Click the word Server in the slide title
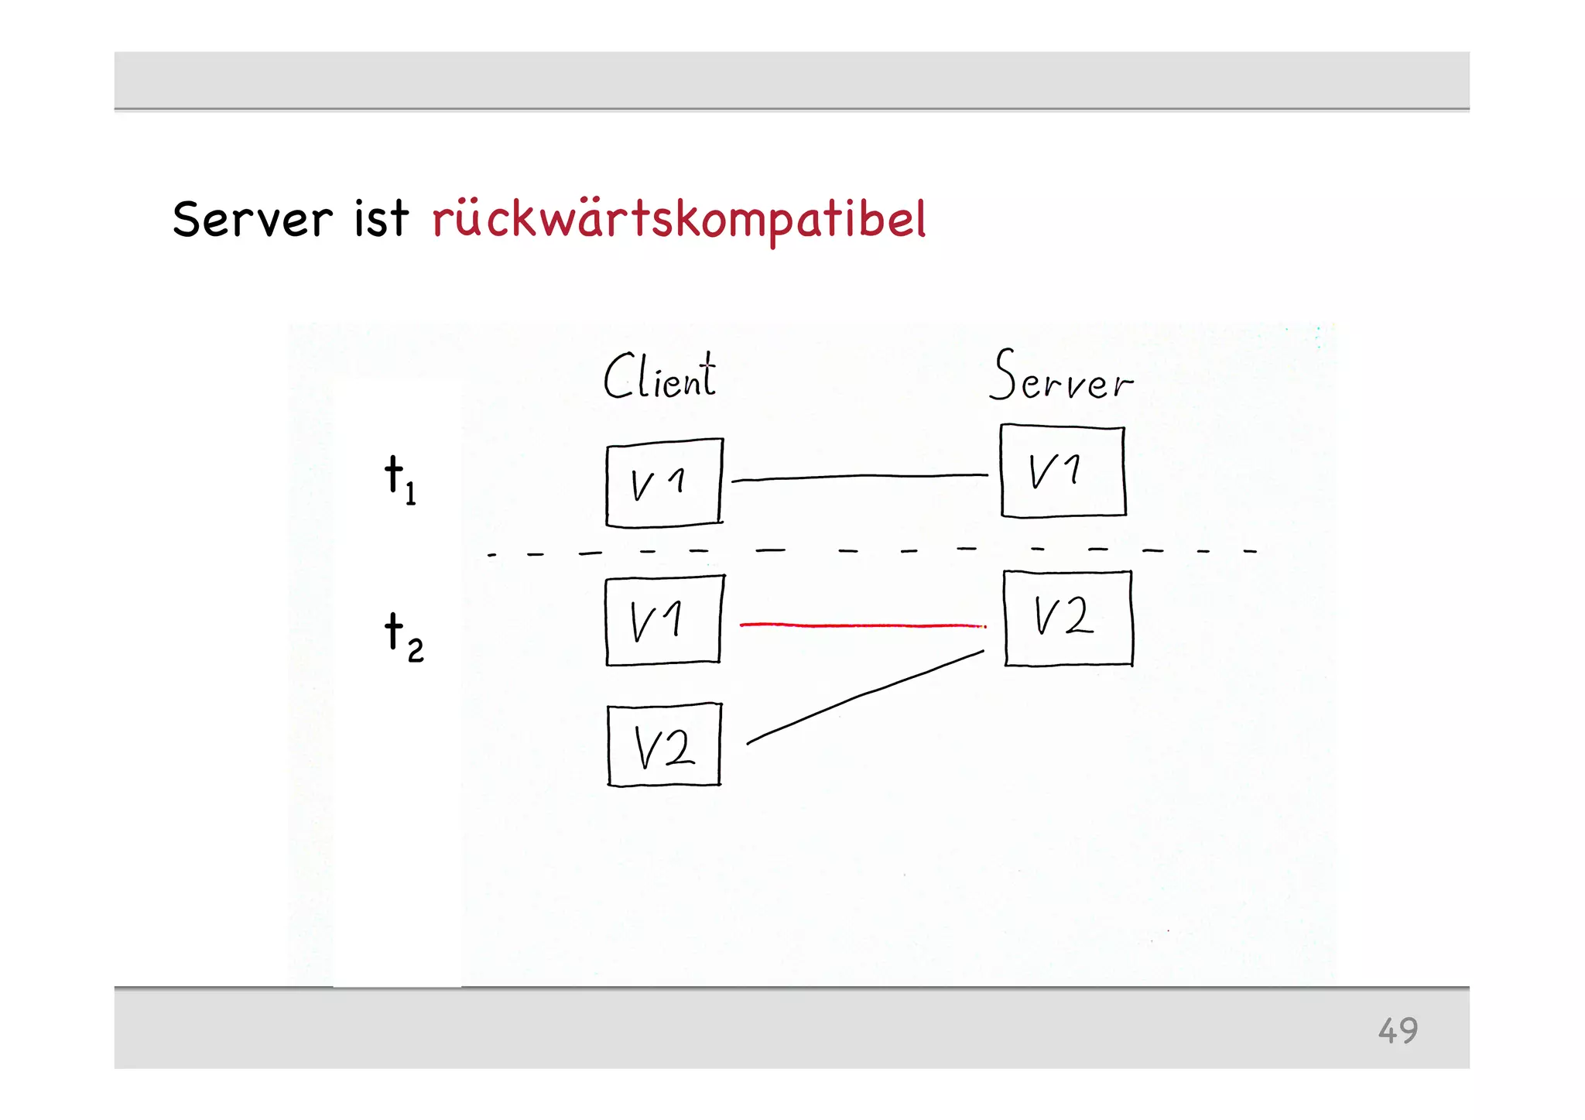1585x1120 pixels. point(252,219)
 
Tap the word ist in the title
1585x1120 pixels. point(381,219)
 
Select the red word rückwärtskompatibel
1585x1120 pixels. point(679,220)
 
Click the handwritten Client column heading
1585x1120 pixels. point(659,377)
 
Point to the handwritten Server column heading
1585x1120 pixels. point(1060,377)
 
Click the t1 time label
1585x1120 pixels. point(399,479)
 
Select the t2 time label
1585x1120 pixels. point(403,636)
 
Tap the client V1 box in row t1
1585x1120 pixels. point(664,483)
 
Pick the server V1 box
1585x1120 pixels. point(1063,471)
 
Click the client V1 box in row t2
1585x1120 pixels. point(664,620)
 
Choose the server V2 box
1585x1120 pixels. point(1068,618)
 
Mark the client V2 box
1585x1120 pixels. point(664,745)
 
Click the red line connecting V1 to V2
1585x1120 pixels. point(862,624)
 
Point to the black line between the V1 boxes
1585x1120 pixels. point(859,477)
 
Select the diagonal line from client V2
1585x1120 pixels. point(864,696)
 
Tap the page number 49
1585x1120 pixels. point(1397,1030)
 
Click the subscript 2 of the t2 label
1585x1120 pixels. point(416,650)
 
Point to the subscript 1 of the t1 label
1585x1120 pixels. point(410,493)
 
